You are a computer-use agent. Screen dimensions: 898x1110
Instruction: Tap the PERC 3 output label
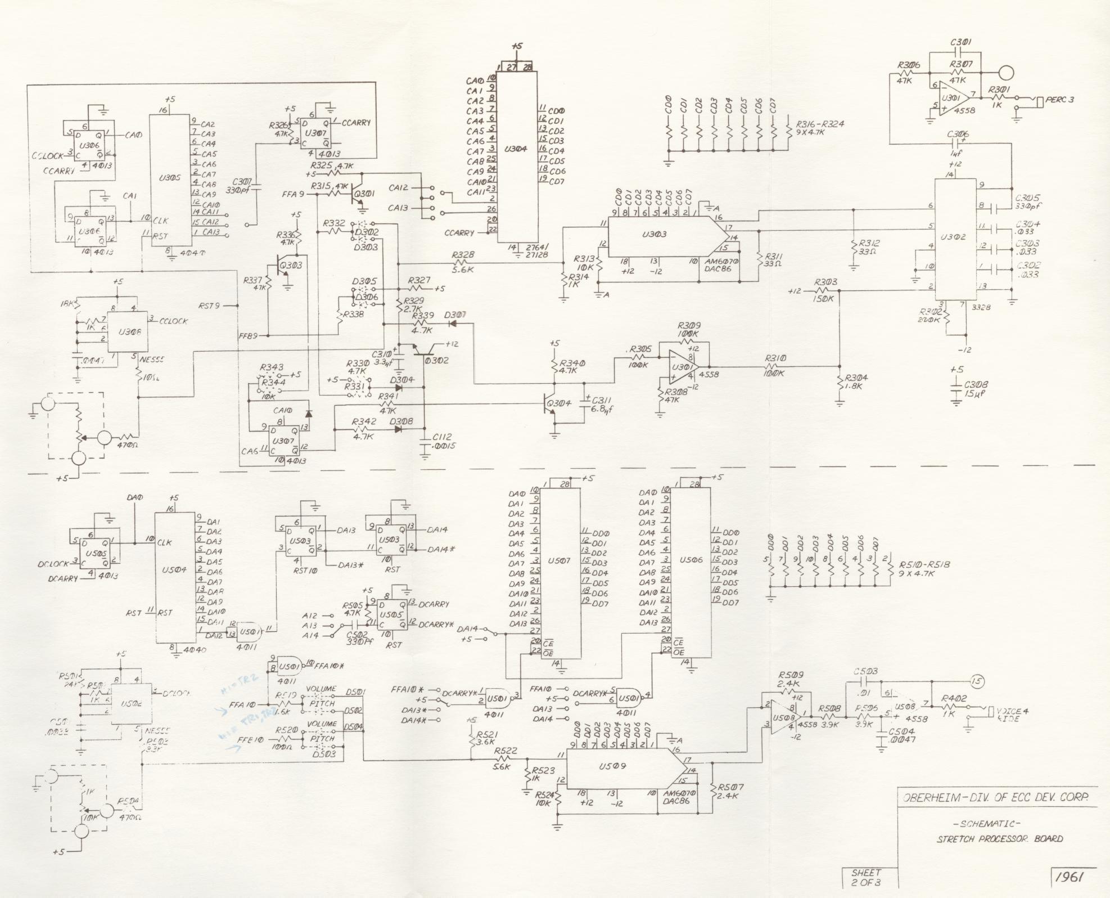point(1060,100)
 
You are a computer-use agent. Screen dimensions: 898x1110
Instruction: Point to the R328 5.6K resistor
point(463,263)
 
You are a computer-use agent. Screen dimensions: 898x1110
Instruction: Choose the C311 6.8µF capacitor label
point(599,404)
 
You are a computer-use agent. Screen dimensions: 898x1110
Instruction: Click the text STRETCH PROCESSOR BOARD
point(1000,839)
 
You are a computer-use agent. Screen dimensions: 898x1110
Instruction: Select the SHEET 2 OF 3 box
point(866,878)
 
